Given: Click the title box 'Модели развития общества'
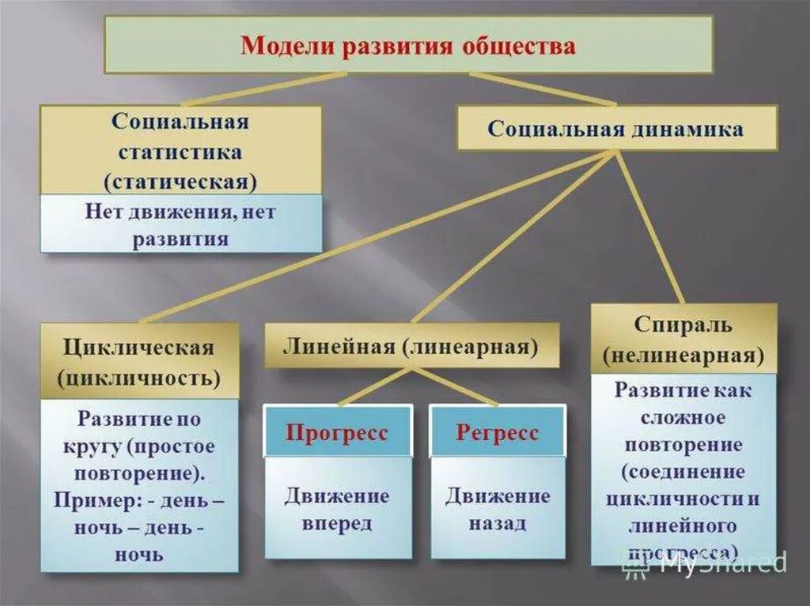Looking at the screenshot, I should [408, 45].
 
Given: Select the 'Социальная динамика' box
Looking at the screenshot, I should [616, 129].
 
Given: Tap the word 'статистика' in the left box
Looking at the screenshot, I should [180, 151].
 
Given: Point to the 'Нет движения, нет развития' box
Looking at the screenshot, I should [181, 225].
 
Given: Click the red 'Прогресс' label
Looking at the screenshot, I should [337, 433].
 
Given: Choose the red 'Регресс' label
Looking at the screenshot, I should [497, 433].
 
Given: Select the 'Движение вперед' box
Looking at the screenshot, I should [337, 510].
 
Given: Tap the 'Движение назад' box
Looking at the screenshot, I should [497, 510].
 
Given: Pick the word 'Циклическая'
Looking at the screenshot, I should [139, 348].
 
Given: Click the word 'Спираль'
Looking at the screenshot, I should [683, 325].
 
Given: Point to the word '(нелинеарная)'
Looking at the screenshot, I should [683, 356].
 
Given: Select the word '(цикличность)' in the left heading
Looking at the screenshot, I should [139, 378].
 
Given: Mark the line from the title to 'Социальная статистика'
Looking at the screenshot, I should [261, 90].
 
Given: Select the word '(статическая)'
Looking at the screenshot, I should [180, 181].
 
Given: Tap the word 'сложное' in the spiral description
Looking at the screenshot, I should [683, 416].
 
